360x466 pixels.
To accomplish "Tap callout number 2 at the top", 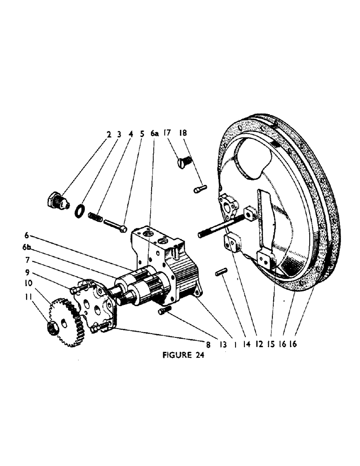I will [x=108, y=134].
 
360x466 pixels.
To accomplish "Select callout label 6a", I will [x=155, y=134].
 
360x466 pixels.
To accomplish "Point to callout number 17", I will [x=168, y=134].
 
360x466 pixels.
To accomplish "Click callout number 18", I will [x=183, y=134].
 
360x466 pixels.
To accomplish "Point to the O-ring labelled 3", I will [x=80, y=211].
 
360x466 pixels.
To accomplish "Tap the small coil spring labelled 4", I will [x=95, y=218].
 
